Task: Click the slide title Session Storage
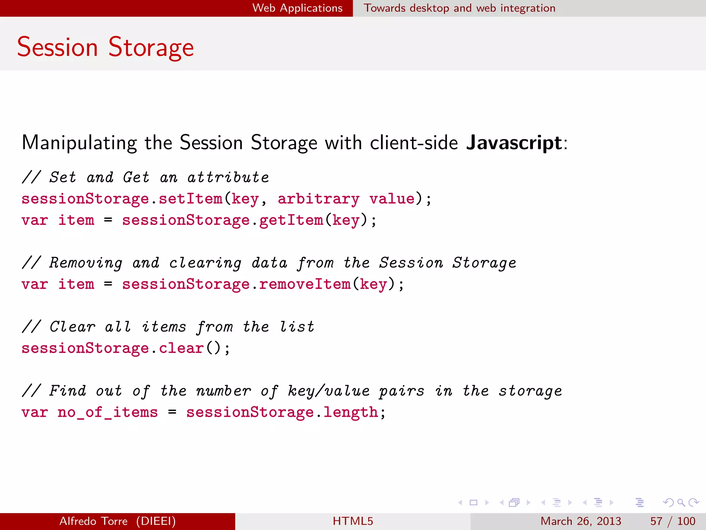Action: coord(105,47)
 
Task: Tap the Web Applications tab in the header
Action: coord(297,8)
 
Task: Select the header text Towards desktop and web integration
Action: coord(460,8)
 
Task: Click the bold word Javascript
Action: coord(514,143)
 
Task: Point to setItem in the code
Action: coord(190,199)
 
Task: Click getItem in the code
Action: coord(291,220)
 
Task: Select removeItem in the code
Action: coord(305,284)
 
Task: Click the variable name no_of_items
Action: coord(108,412)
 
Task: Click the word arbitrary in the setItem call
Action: coord(319,199)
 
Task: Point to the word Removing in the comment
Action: coord(85,263)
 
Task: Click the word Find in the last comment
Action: coord(68,391)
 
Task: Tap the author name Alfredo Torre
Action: coord(93,521)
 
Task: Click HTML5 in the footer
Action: coord(353,521)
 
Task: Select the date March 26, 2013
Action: coord(581,521)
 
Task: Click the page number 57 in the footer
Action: coord(656,521)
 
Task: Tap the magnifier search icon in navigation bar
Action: coord(680,502)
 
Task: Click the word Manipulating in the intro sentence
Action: coord(79,143)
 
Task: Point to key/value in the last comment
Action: coord(329,391)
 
